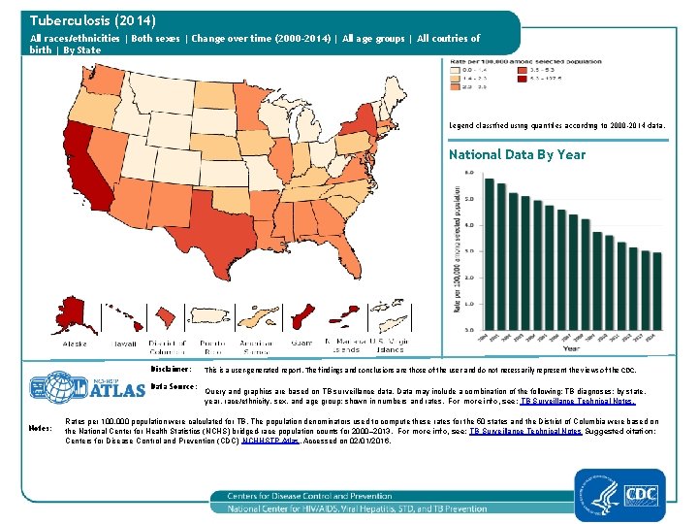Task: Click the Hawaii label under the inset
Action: click(125, 344)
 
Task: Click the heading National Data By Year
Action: click(517, 154)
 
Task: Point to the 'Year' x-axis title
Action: click(572, 347)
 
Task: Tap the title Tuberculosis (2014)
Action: click(93, 19)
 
